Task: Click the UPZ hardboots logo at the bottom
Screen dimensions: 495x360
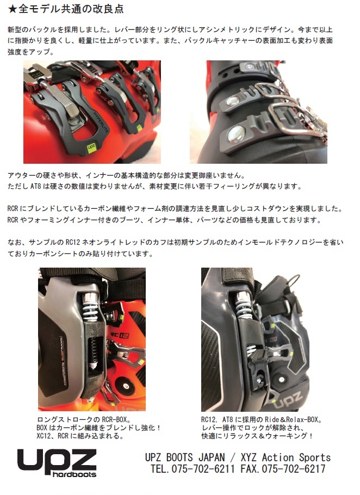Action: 57,463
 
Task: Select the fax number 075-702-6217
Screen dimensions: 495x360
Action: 294,468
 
